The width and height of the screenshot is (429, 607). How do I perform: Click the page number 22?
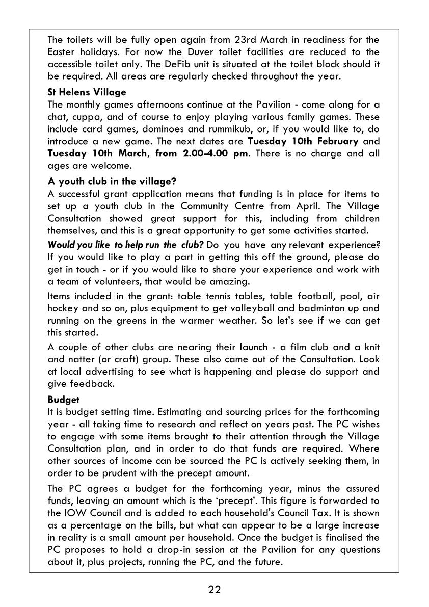coord(214,590)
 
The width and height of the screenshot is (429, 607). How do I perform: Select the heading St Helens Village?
coord(87,92)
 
